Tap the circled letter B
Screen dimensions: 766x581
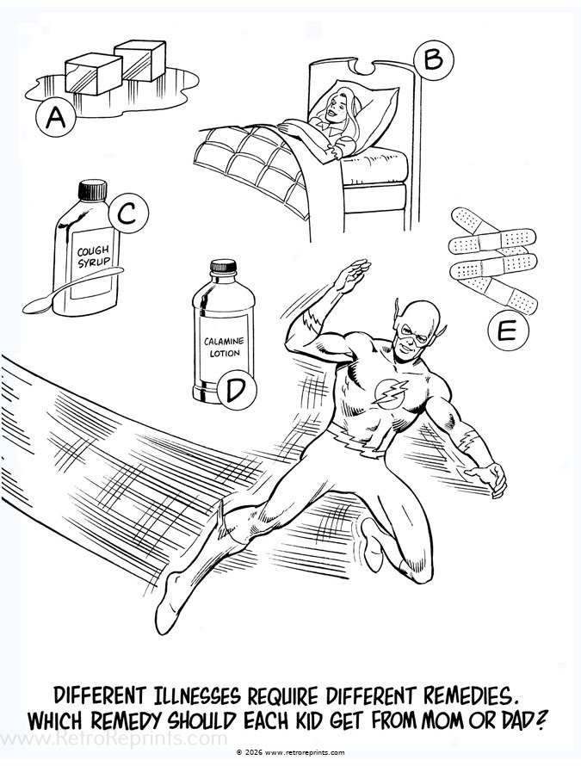433,59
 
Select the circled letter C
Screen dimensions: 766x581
126,215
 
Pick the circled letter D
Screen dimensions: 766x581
236,390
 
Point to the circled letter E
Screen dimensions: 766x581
505,330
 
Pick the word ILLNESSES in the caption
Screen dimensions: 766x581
184,694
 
